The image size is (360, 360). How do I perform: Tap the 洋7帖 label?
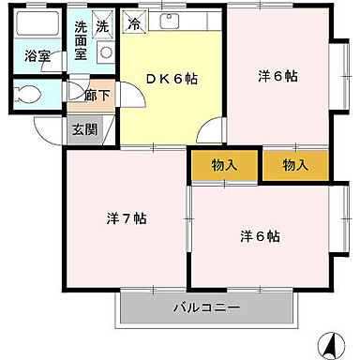pyautogui.click(x=126, y=218)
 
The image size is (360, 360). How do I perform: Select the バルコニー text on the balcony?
pyautogui.click(x=206, y=307)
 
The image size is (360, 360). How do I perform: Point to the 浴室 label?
pyautogui.click(x=37, y=54)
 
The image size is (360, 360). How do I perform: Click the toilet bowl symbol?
pyautogui.click(x=28, y=94)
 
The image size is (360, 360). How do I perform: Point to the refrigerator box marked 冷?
pyautogui.click(x=136, y=22)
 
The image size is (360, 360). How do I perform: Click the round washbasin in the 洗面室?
pyautogui.click(x=105, y=52)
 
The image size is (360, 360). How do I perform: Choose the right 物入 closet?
pyautogui.click(x=295, y=165)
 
